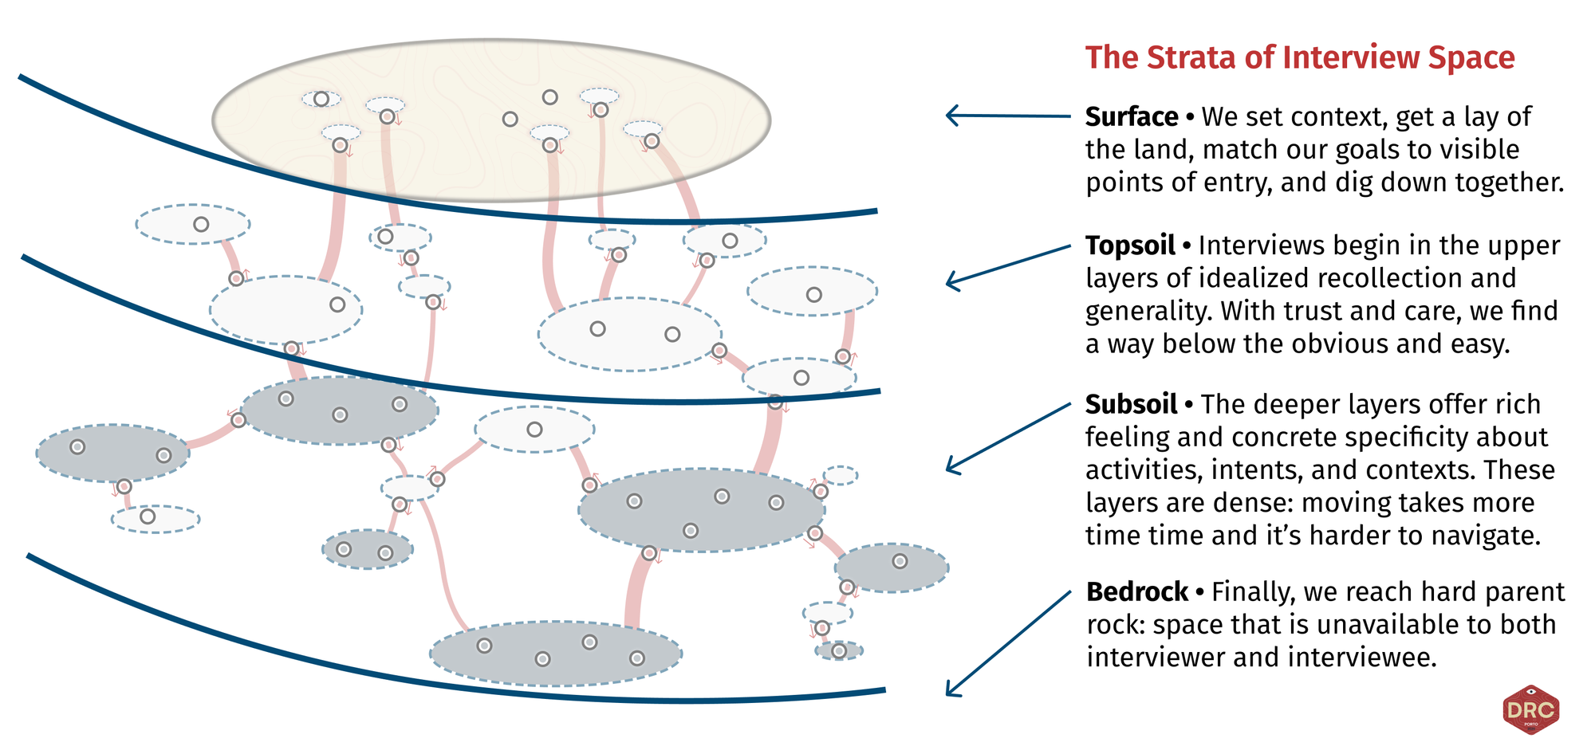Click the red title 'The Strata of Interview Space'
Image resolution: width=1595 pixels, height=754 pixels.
tap(1299, 58)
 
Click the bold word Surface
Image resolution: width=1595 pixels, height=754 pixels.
tap(1131, 117)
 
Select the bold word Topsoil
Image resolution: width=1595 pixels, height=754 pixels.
tap(1129, 245)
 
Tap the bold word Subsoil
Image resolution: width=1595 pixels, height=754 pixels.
tap(1130, 405)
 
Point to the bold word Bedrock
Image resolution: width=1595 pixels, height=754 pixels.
tap(1136, 592)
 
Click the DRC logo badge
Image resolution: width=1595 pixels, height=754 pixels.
tap(1530, 709)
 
